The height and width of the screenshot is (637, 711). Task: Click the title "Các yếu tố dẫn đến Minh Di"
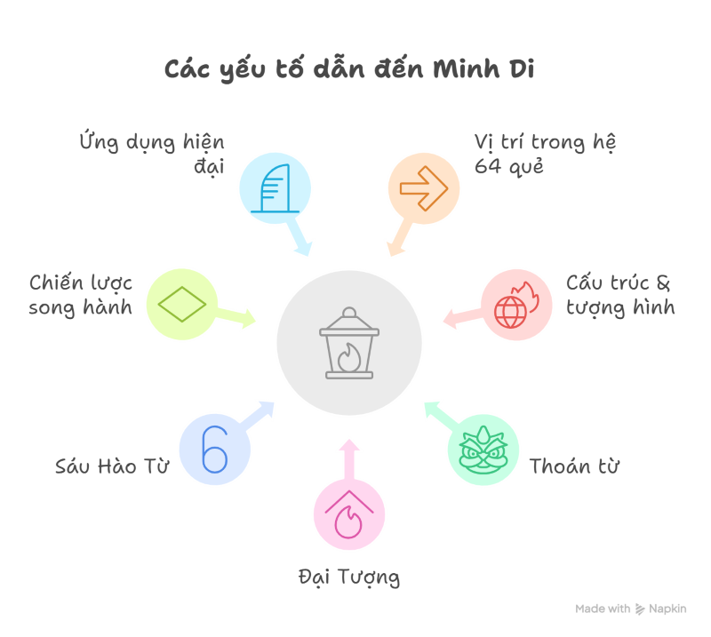click(x=349, y=69)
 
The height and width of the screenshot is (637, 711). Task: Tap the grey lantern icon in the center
click(x=349, y=343)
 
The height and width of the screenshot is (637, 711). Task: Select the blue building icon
click(x=275, y=188)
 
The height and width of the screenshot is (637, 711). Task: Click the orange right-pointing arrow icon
click(x=424, y=188)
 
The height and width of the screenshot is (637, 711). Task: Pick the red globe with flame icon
click(x=516, y=305)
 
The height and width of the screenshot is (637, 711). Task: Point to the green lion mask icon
click(x=483, y=450)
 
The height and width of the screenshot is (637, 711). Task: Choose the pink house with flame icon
click(x=349, y=514)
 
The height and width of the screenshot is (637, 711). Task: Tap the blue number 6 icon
click(x=214, y=450)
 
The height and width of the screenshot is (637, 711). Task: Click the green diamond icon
click(x=182, y=304)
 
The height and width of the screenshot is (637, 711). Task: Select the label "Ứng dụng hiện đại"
click(x=152, y=154)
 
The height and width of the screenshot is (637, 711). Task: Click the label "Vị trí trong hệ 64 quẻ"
click(x=545, y=154)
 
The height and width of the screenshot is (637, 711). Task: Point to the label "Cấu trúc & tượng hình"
click(x=620, y=295)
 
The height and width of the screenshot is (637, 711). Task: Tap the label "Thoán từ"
click(x=574, y=466)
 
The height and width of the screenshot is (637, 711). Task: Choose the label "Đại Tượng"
click(x=349, y=577)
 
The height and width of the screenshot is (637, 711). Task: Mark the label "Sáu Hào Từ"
click(x=112, y=466)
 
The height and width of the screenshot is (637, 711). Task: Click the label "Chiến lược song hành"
click(x=81, y=295)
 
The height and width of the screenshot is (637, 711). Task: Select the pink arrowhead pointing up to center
click(x=349, y=445)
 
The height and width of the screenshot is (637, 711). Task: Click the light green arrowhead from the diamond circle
click(x=249, y=319)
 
